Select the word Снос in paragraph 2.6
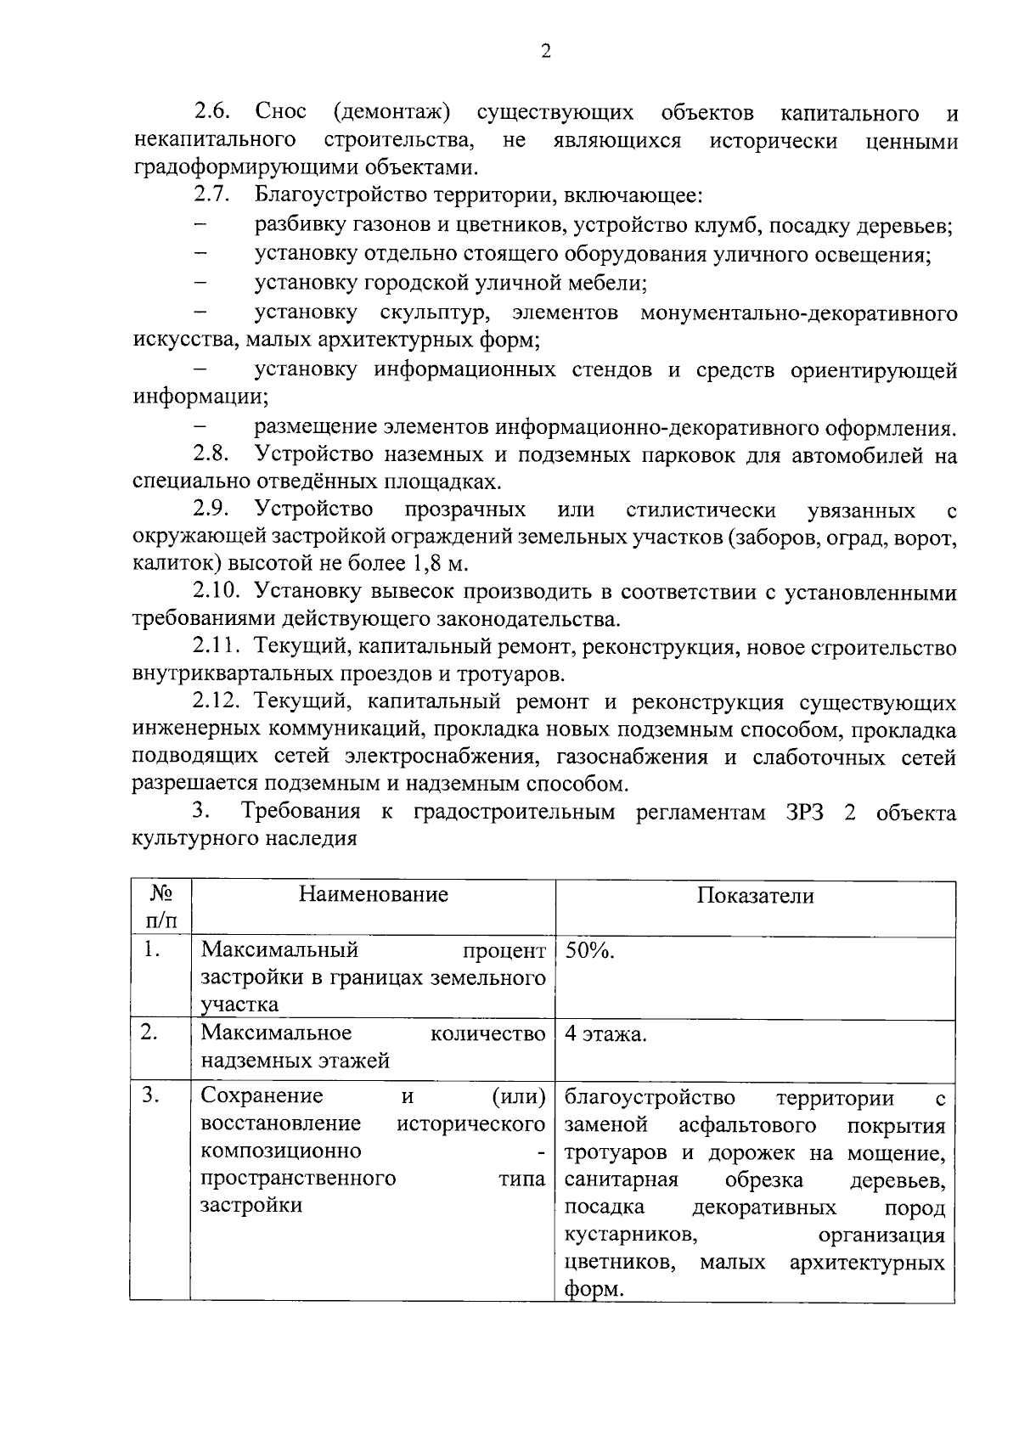(280, 113)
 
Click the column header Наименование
(373, 895)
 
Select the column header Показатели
(755, 897)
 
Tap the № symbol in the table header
(160, 894)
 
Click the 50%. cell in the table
(590, 951)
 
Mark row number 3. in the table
(150, 1096)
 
